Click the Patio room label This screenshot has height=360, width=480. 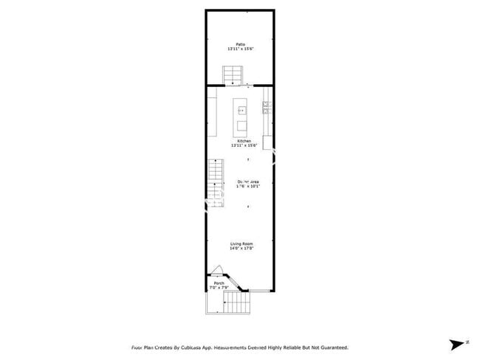[240, 44]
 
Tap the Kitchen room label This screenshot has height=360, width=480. [244, 141]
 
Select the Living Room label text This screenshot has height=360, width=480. [241, 243]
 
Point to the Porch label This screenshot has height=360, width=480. [219, 283]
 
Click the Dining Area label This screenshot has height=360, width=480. [247, 181]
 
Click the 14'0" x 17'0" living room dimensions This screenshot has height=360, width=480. [241, 249]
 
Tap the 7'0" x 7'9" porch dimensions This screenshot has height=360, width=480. [219, 288]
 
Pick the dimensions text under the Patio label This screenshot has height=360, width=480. [240, 49]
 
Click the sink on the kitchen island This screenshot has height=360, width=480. [241, 110]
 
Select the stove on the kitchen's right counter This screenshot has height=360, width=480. [266, 108]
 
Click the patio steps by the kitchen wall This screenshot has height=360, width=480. [233, 75]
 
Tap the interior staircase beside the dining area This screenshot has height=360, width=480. [214, 181]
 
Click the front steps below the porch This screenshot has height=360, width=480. [236, 302]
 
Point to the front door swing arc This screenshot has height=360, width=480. [216, 271]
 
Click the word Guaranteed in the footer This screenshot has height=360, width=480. [330, 347]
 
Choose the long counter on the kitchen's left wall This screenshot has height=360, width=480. [211, 115]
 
